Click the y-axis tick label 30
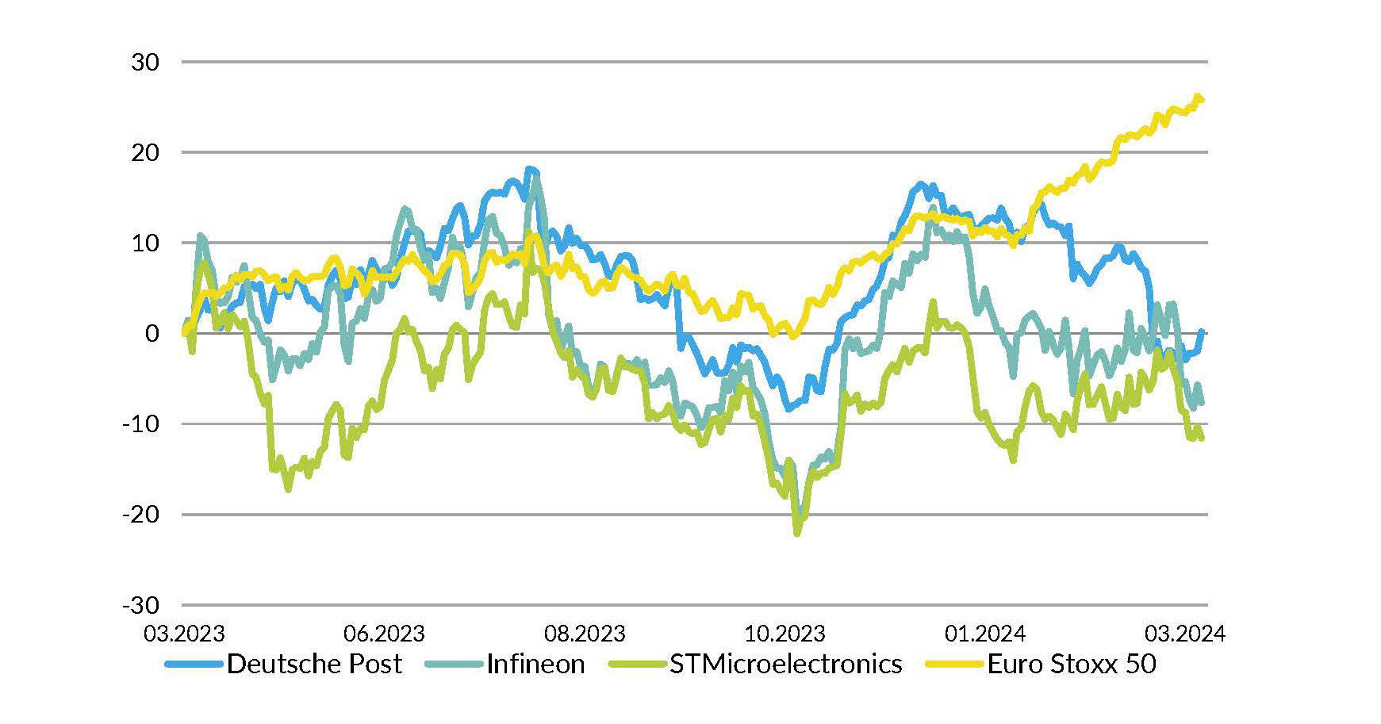tap(145, 62)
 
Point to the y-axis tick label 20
tap(145, 152)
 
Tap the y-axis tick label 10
tap(145, 243)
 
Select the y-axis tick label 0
tap(152, 333)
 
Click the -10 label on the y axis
tap(140, 424)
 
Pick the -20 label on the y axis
tap(140, 515)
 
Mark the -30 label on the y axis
tap(140, 605)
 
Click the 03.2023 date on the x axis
tap(184, 634)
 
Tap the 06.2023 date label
tap(384, 634)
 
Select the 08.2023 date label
tap(585, 634)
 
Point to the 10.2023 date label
tap(784, 634)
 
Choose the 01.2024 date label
tap(984, 634)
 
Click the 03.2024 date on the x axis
tap(1184, 634)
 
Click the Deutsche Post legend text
tap(314, 664)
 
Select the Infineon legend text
tap(535, 664)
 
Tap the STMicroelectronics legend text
tap(785, 664)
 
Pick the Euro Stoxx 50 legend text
tap(1072, 664)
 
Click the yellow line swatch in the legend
tap(954, 664)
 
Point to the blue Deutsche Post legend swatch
tap(194, 664)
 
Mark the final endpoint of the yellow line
tap(1203, 100)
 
